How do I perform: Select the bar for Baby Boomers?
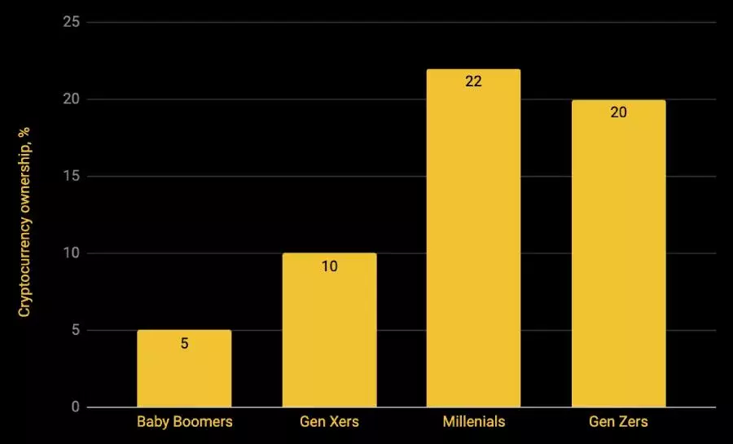point(184,368)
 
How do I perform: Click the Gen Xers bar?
point(329,330)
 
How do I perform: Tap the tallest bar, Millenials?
point(473,238)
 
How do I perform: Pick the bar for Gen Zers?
point(618,253)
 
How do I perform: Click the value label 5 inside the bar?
point(185,343)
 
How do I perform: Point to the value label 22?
point(473,81)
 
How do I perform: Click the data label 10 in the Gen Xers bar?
point(329,266)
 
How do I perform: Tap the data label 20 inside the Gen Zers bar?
point(618,112)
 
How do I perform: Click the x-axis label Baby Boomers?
point(185,421)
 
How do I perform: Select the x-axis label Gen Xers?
point(329,421)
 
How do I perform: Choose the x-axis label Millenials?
point(474,421)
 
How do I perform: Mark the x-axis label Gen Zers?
point(618,421)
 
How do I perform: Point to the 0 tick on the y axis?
point(75,407)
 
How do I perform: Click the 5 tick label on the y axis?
point(75,330)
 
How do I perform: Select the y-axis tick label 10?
point(72,253)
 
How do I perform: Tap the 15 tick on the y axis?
point(72,176)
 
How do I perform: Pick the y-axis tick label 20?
point(72,99)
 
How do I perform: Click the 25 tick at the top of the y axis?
point(72,22)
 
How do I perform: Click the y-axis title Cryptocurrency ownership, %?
point(24,222)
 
